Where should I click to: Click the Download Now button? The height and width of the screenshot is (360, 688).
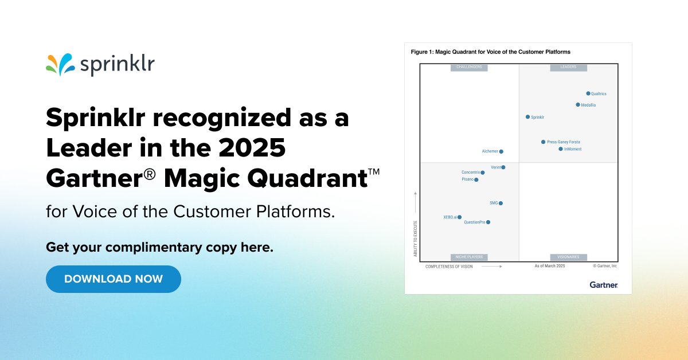coord(114,279)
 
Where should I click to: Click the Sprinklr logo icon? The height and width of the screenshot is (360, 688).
coord(61,65)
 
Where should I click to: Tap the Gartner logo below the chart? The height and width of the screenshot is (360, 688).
coord(604,285)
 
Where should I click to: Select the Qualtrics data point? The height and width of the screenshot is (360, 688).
coord(588,93)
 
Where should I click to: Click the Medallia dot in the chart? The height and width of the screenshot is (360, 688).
coord(578,105)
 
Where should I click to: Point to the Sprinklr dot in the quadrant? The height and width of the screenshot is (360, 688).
coord(527,117)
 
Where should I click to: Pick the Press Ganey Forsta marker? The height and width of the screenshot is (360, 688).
coord(543,142)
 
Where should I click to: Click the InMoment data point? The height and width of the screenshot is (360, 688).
coord(561,149)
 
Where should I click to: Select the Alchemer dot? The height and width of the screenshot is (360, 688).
coord(501,151)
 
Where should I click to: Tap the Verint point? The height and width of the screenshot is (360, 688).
coord(503,167)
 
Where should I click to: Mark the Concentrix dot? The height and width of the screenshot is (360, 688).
coord(483,173)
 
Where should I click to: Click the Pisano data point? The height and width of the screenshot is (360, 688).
coord(476,179)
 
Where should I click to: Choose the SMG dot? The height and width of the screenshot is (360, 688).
coord(501,203)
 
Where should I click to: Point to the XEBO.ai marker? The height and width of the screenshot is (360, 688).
coord(459,217)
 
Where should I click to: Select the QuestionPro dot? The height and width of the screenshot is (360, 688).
coord(488,222)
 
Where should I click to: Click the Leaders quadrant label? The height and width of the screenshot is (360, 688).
coord(568,67)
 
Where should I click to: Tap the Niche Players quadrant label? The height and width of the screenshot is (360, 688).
coord(469,257)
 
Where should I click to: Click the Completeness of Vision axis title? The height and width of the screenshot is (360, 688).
coord(449,267)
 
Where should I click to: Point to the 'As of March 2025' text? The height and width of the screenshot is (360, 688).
coord(550,266)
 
